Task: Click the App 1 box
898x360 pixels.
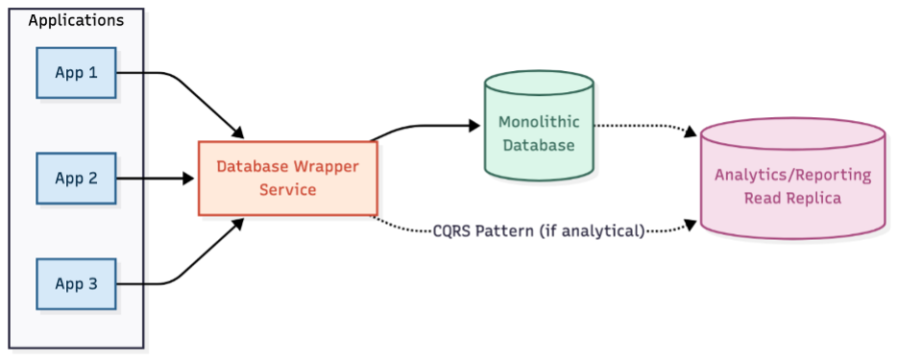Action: (x=76, y=72)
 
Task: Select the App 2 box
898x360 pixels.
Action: (x=76, y=178)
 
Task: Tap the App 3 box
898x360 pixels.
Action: (x=76, y=283)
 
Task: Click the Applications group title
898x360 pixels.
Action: (x=76, y=20)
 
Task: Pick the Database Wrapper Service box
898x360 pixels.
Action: (x=287, y=179)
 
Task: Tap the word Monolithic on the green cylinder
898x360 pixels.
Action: (x=537, y=123)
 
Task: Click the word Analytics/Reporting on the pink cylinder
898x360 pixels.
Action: (x=792, y=175)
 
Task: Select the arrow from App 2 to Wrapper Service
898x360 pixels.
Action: (x=154, y=178)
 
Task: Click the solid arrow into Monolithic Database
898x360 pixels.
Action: (x=423, y=125)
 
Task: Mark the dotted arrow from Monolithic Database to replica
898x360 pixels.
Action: (x=643, y=127)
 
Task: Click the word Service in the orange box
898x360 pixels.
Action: (x=287, y=190)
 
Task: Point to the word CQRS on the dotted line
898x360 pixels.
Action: (x=455, y=229)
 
